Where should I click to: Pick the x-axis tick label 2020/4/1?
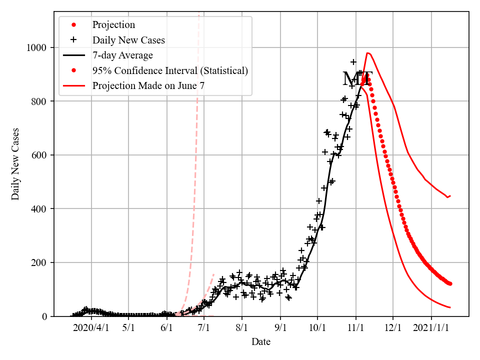tap(91, 328)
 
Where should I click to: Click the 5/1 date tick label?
tap(128, 328)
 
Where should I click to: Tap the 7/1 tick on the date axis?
tap(204, 328)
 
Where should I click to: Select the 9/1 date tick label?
tap(280, 328)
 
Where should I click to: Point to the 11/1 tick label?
tap(355, 328)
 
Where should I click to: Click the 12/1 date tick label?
tap(393, 328)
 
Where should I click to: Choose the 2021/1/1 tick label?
tap(431, 328)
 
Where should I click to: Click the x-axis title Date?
tap(261, 342)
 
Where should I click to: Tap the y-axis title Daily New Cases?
tap(15, 164)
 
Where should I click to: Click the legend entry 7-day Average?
tap(122, 55)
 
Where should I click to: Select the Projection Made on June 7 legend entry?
tap(148, 86)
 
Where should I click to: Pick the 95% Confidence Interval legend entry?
tap(170, 70)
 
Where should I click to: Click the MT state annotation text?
tap(357, 79)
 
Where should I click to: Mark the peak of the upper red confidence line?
tap(367, 52)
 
